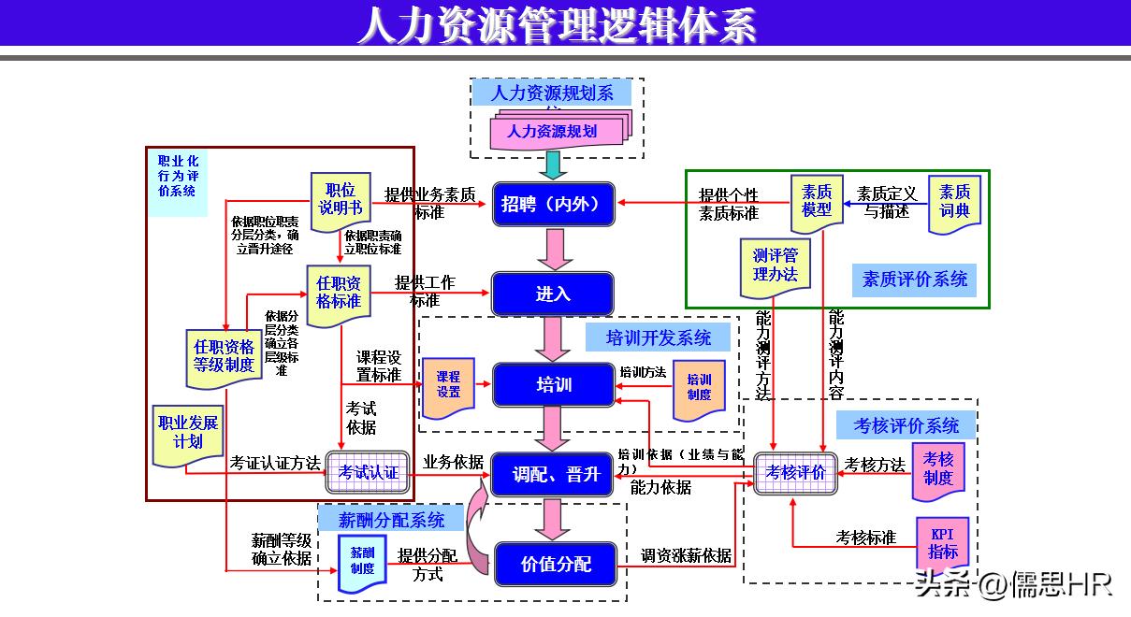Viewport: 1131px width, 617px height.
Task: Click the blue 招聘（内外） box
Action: (553, 204)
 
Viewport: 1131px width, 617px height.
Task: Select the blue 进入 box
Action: (553, 294)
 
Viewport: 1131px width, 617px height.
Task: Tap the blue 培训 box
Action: (553, 384)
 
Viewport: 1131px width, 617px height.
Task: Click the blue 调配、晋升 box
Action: (553, 475)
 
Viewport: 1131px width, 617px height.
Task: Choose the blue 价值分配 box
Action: (556, 565)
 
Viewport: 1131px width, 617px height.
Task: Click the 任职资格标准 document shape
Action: (338, 294)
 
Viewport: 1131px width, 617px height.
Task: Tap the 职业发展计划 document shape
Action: (188, 433)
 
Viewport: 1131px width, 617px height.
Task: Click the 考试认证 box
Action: (369, 472)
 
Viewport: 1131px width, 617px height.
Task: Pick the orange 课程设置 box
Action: (448, 385)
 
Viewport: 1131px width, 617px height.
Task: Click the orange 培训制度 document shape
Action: (699, 387)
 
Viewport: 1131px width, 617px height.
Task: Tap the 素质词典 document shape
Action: (954, 202)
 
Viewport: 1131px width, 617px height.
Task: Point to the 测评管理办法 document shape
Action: (776, 265)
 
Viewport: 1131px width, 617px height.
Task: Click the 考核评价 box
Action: (795, 472)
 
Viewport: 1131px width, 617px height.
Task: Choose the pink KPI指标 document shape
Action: (942, 543)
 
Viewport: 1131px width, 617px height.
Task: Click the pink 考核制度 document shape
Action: (938, 469)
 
